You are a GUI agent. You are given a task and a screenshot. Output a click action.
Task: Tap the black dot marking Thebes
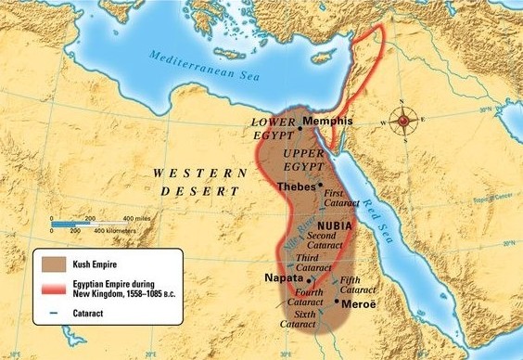321,185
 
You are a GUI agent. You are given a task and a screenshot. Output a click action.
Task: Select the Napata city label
284,278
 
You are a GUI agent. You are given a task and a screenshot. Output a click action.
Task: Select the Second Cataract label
327,242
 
